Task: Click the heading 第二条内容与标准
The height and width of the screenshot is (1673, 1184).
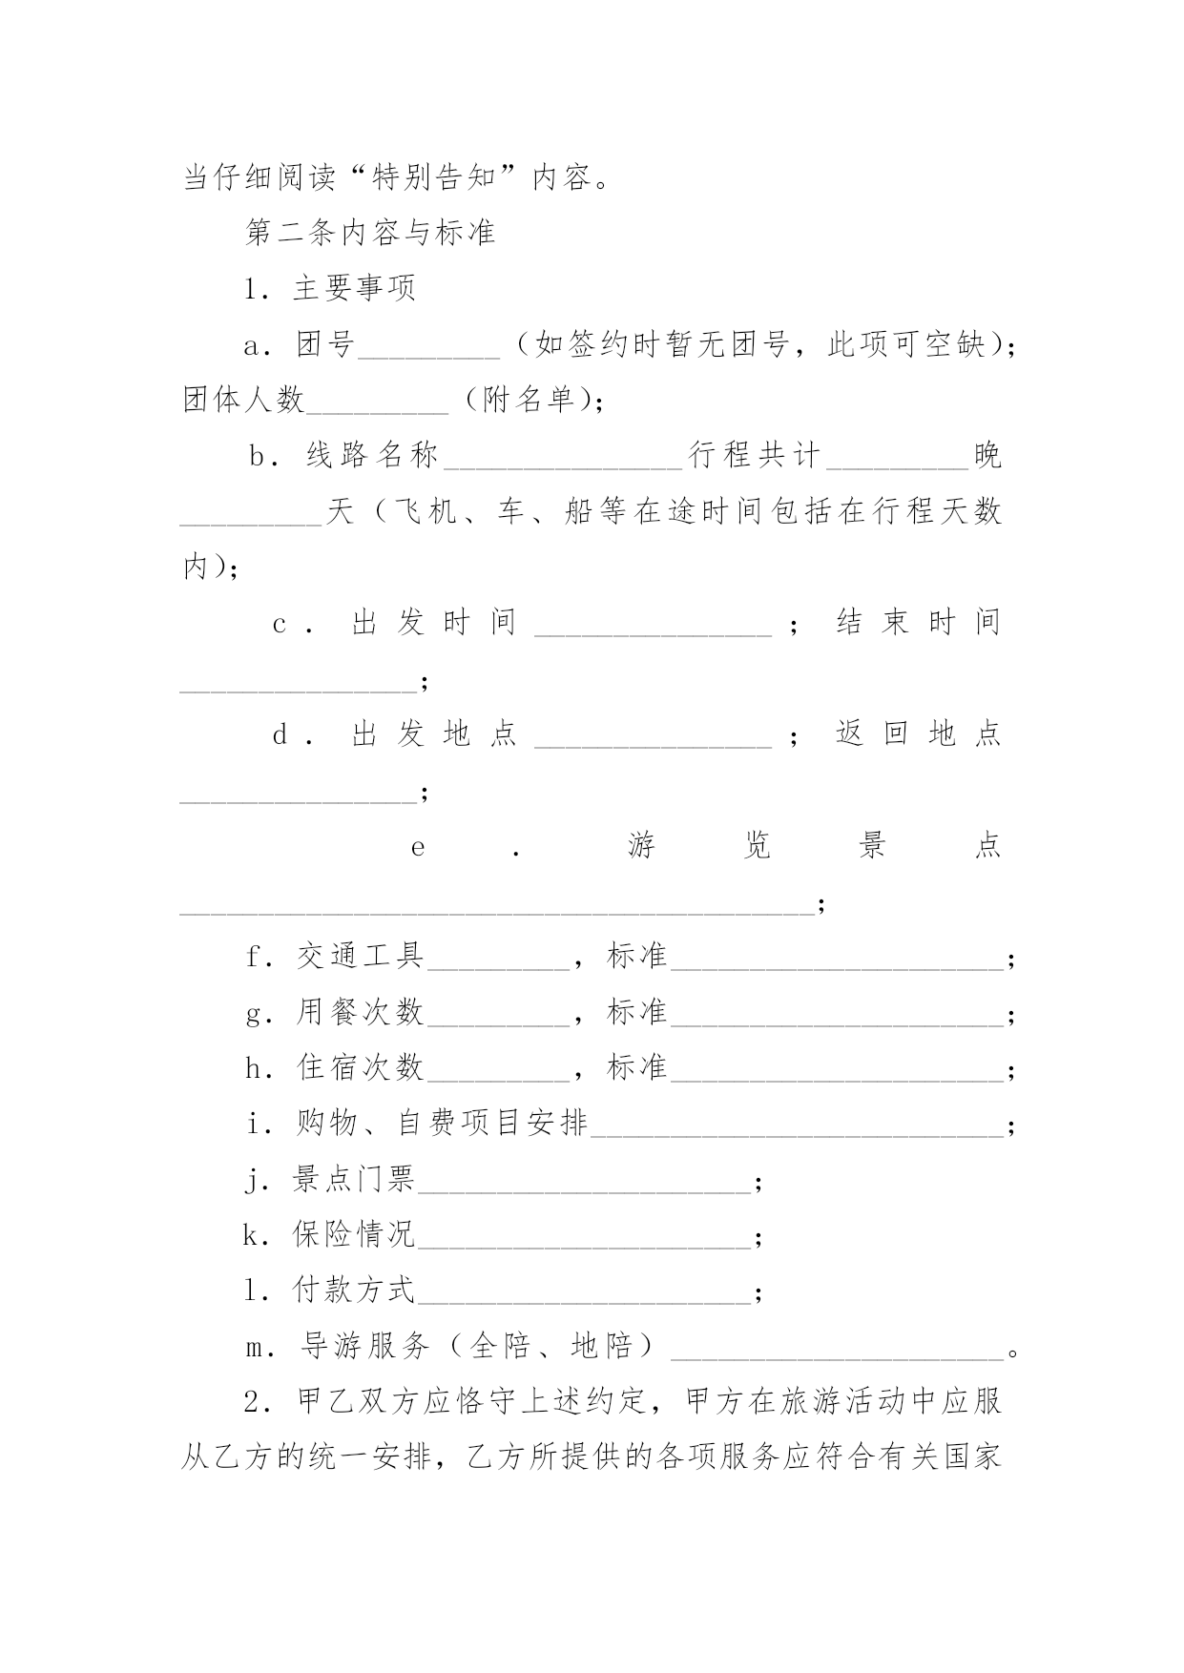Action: tap(370, 233)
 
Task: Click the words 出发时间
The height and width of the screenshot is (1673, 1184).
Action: tap(434, 623)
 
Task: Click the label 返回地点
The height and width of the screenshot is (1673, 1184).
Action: tap(918, 733)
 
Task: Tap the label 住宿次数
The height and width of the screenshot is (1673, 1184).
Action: tap(361, 1067)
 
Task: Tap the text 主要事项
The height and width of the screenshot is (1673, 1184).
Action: tap(354, 288)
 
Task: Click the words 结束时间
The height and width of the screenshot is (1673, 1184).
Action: tap(918, 623)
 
